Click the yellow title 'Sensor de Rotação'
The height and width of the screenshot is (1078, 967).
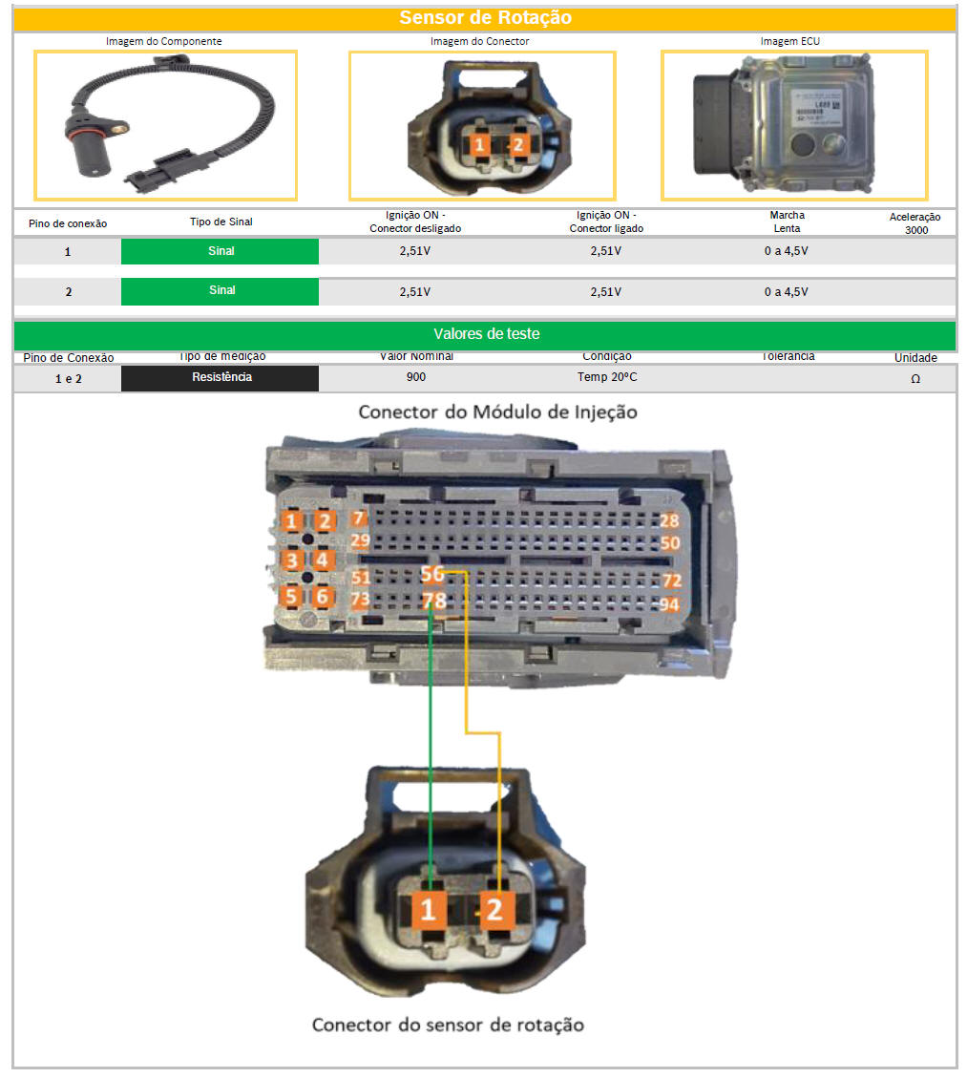pos(485,17)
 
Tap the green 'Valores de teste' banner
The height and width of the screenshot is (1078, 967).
pos(485,334)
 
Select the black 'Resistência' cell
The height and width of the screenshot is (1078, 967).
pos(221,377)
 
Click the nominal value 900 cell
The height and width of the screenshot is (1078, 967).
pos(416,377)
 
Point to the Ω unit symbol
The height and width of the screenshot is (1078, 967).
pos(914,378)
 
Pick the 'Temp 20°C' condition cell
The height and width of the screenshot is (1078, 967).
pos(607,377)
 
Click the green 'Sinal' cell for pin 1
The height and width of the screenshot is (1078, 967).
pos(221,251)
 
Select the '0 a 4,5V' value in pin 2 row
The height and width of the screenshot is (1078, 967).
pos(786,291)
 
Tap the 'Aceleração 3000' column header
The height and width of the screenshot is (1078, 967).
pos(914,223)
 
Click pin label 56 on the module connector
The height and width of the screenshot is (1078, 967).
pos(432,574)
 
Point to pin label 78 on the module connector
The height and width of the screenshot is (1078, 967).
pos(433,601)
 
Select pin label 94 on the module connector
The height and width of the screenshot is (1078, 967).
pos(670,604)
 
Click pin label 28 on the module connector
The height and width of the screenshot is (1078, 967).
pos(670,520)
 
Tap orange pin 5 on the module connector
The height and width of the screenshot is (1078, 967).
pos(290,597)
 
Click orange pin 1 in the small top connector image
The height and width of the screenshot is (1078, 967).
pos(480,145)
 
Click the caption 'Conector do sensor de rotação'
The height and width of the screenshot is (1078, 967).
pos(448,1025)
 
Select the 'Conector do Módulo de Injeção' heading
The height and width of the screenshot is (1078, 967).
pos(497,412)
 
